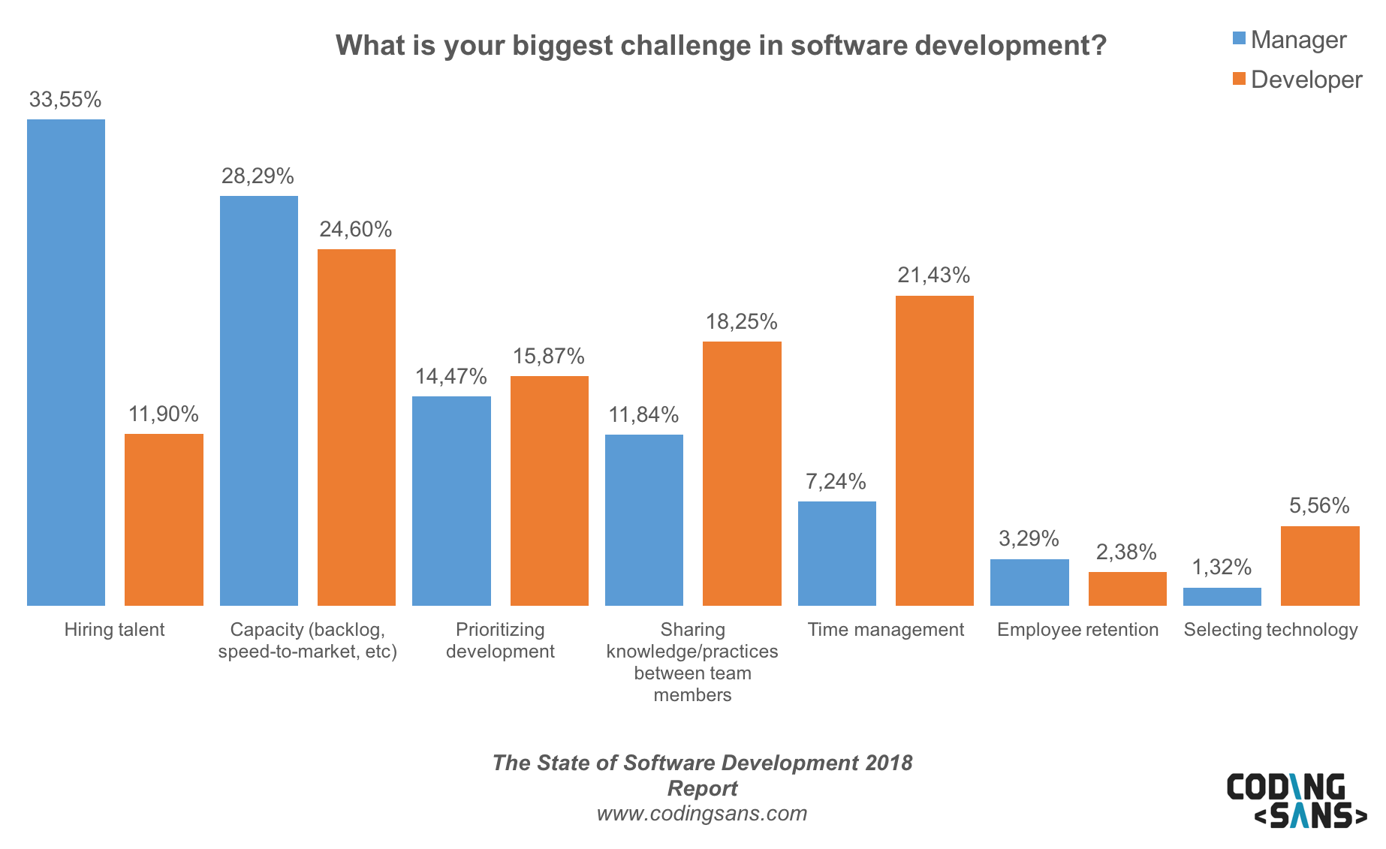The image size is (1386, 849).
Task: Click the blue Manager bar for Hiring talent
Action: tap(66, 362)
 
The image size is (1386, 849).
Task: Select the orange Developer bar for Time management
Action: tap(935, 450)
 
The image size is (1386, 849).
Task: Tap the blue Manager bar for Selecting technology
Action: tap(1222, 597)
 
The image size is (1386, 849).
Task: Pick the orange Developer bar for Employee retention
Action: tap(1127, 589)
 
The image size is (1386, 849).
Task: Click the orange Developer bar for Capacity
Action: tap(357, 427)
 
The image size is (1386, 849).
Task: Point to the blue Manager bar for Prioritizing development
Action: tap(451, 501)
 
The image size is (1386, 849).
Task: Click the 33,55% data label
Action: tap(65, 100)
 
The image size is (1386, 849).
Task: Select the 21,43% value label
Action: tap(934, 275)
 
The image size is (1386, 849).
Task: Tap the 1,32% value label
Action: tap(1222, 568)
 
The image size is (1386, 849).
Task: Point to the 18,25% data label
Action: tap(741, 322)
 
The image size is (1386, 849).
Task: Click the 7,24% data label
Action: tap(836, 482)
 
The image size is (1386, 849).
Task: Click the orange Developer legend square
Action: tap(1239, 79)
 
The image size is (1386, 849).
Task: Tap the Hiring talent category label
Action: tap(114, 630)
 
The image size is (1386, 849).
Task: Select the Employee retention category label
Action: tap(1077, 630)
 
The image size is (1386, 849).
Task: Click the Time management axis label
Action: tap(885, 630)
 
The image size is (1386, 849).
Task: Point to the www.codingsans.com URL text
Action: tap(702, 814)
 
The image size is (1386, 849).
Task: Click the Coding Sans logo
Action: tap(1297, 801)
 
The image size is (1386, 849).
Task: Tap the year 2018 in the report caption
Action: tap(888, 763)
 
